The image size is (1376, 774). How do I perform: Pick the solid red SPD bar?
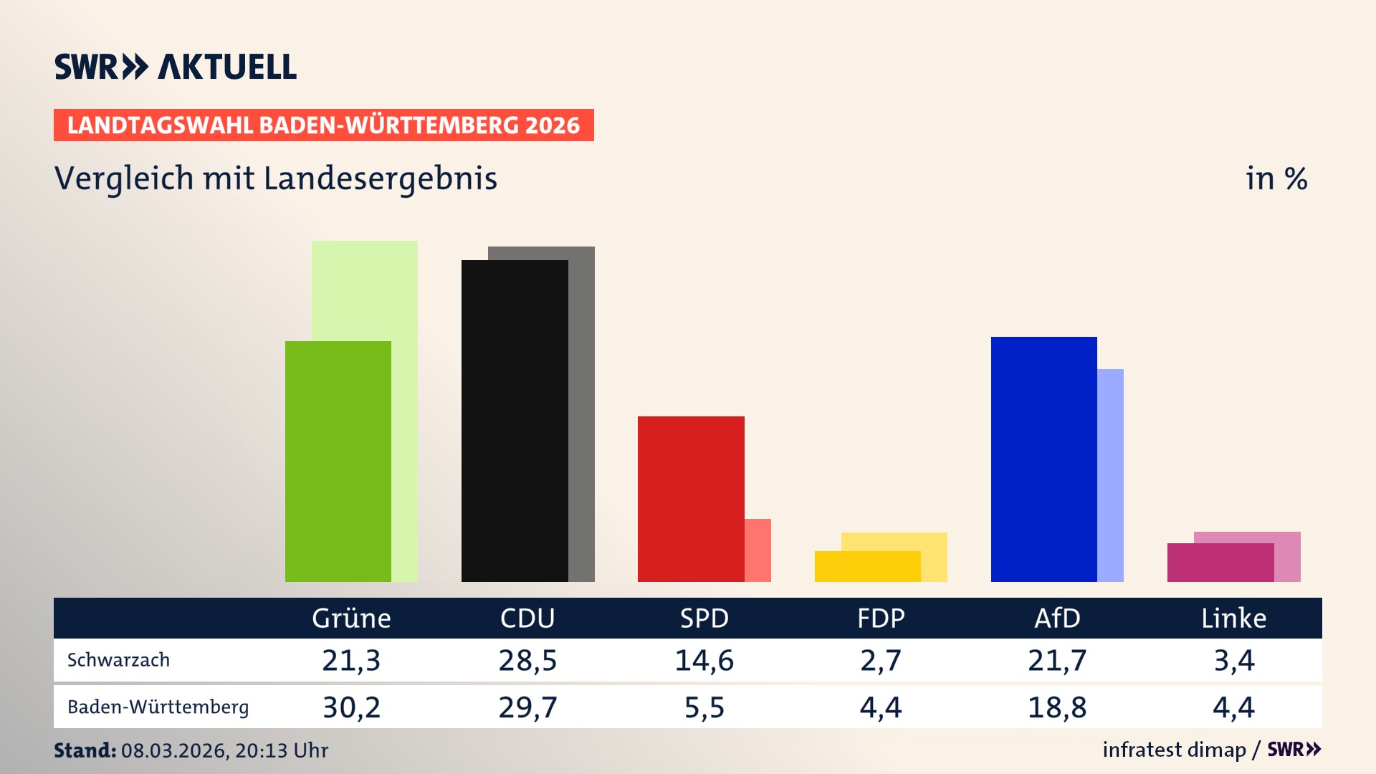[691, 499]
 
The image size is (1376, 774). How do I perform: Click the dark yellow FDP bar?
[867, 566]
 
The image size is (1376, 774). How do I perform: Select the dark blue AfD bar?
[1043, 459]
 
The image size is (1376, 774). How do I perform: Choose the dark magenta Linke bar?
[1220, 563]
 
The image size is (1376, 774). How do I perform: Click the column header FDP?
[881, 618]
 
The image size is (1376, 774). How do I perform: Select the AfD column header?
[1057, 618]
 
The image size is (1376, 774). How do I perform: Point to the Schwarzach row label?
[118, 660]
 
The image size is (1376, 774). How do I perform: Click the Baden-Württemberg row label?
[158, 707]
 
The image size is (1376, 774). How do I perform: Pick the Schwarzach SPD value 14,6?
[704, 660]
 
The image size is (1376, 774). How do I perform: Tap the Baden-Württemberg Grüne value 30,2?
[351, 707]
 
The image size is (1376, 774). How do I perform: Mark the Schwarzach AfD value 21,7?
[1057, 660]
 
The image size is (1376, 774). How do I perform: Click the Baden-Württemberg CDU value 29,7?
[527, 707]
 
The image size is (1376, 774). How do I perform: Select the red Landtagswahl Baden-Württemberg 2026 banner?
[323, 125]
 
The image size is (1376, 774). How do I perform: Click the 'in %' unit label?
[1276, 178]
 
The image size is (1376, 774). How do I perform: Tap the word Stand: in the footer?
[85, 750]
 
